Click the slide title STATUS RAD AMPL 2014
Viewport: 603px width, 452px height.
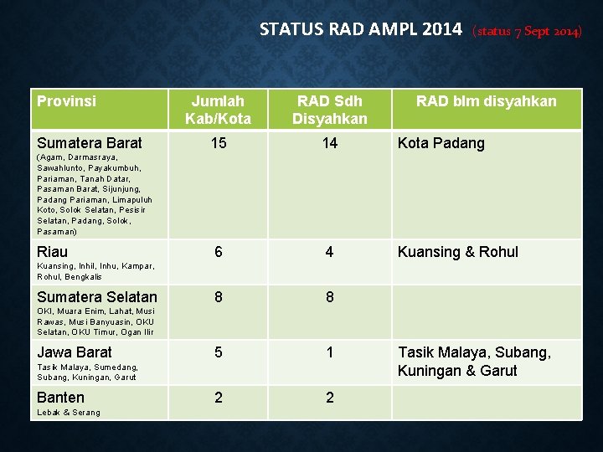coord(360,30)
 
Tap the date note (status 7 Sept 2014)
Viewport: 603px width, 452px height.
coord(526,32)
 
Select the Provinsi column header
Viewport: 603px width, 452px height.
coord(67,101)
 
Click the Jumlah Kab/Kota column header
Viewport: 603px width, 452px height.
coord(218,110)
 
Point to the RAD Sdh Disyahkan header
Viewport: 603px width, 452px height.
coord(330,110)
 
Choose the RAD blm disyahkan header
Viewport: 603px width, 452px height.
coord(487,101)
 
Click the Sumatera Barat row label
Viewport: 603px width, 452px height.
coord(90,143)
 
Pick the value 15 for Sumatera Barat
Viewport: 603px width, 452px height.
coord(218,143)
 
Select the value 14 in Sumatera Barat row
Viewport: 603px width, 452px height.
coord(330,143)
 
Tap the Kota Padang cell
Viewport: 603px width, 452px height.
coord(441,143)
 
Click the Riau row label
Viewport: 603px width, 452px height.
coord(53,252)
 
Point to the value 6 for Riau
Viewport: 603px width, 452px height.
coord(218,252)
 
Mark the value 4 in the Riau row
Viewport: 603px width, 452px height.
coord(330,252)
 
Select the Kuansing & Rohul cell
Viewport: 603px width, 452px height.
coord(458,252)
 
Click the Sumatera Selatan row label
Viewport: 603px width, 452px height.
coord(97,297)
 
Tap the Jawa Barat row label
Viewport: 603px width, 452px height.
coord(75,352)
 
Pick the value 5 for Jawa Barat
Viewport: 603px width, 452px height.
coord(218,352)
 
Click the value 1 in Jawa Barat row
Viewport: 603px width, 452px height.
coord(330,352)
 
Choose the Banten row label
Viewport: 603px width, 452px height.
coord(61,398)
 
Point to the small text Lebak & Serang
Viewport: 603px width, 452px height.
coord(69,413)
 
